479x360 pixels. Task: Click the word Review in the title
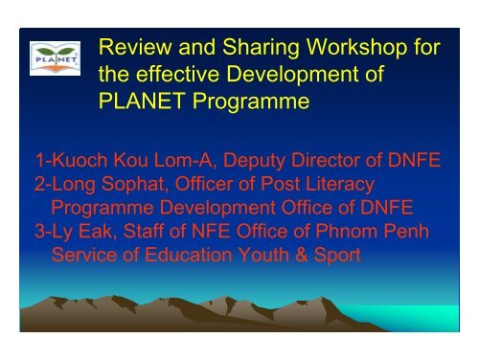[135, 48]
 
